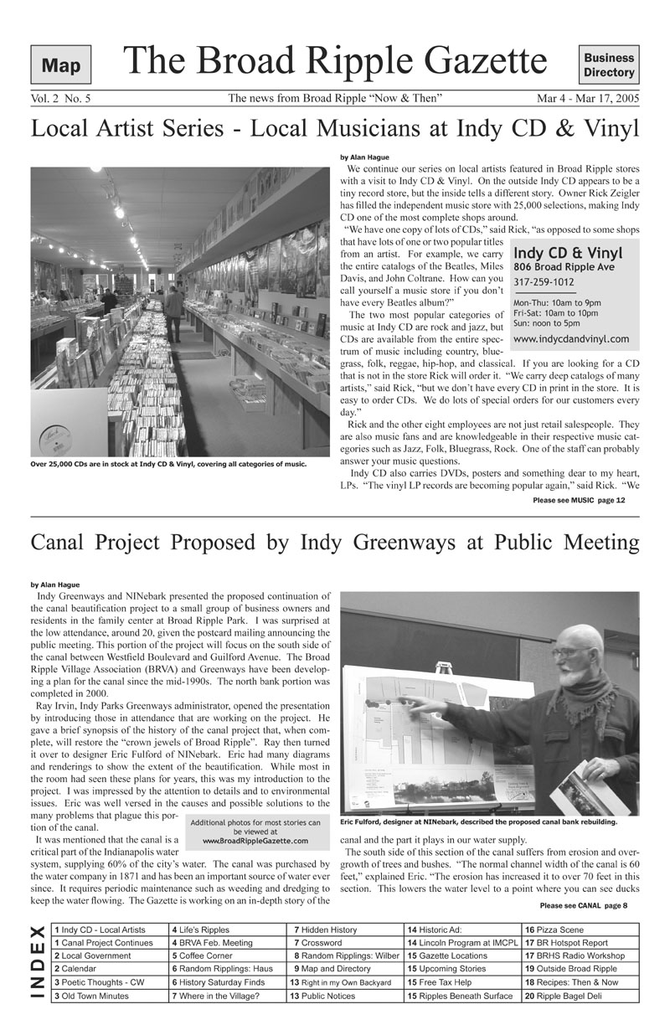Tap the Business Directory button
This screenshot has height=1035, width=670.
[609, 65]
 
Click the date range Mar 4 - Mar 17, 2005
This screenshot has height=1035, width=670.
[588, 99]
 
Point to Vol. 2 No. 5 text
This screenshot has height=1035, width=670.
[60, 99]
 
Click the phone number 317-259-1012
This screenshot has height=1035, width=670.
[544, 282]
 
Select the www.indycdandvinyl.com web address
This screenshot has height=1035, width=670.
[570, 339]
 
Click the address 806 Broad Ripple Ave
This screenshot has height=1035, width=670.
[564, 267]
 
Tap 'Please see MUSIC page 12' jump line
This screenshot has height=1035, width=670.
[579, 500]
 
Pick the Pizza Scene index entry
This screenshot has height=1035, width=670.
[557, 929]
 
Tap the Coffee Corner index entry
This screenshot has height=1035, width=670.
[204, 955]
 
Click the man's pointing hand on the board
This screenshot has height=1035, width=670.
[423, 705]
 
